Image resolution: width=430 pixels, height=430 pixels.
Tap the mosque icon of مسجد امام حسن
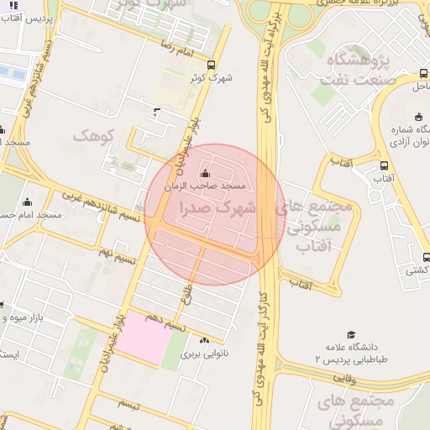point(28,202)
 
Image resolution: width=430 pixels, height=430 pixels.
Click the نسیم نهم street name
point(116,251)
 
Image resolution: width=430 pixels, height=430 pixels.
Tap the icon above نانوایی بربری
point(205,340)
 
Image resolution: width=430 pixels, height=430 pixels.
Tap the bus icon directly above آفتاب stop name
point(384,165)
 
